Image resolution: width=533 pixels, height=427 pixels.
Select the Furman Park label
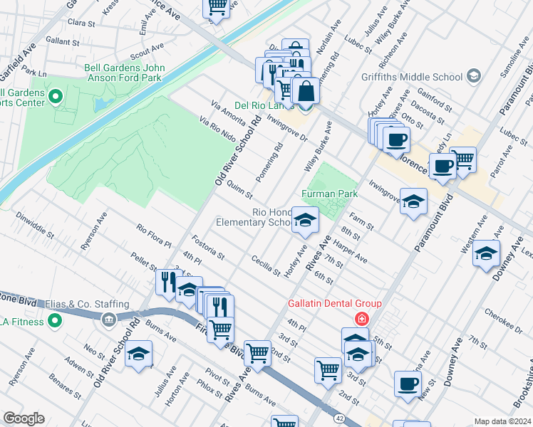(328, 193)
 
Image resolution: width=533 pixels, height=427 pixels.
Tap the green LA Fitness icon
(53, 322)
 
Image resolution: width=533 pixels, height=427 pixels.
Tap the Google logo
(24, 418)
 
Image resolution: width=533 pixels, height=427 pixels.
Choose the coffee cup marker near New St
(408, 384)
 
